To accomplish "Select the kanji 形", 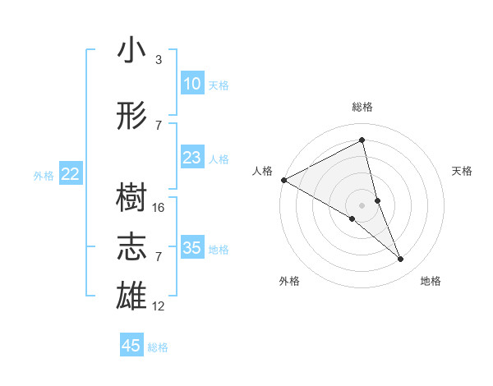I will tap(131, 117).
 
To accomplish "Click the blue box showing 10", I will tap(191, 84).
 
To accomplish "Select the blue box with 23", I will tap(191, 158).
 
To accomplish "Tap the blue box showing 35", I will tap(191, 248).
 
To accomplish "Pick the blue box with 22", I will tap(71, 173).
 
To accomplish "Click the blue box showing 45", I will tap(131, 346).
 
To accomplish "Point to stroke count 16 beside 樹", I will tap(159, 208).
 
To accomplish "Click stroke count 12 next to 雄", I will tap(159, 306).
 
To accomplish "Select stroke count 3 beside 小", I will tap(159, 60).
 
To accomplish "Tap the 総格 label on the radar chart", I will tap(362, 107).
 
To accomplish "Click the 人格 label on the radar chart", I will tap(263, 171).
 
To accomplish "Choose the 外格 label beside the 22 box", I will tap(44, 175).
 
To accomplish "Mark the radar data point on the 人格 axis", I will tap(283, 179).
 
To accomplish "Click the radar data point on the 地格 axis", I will tap(401, 260).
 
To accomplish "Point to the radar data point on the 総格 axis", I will tap(362, 140).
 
